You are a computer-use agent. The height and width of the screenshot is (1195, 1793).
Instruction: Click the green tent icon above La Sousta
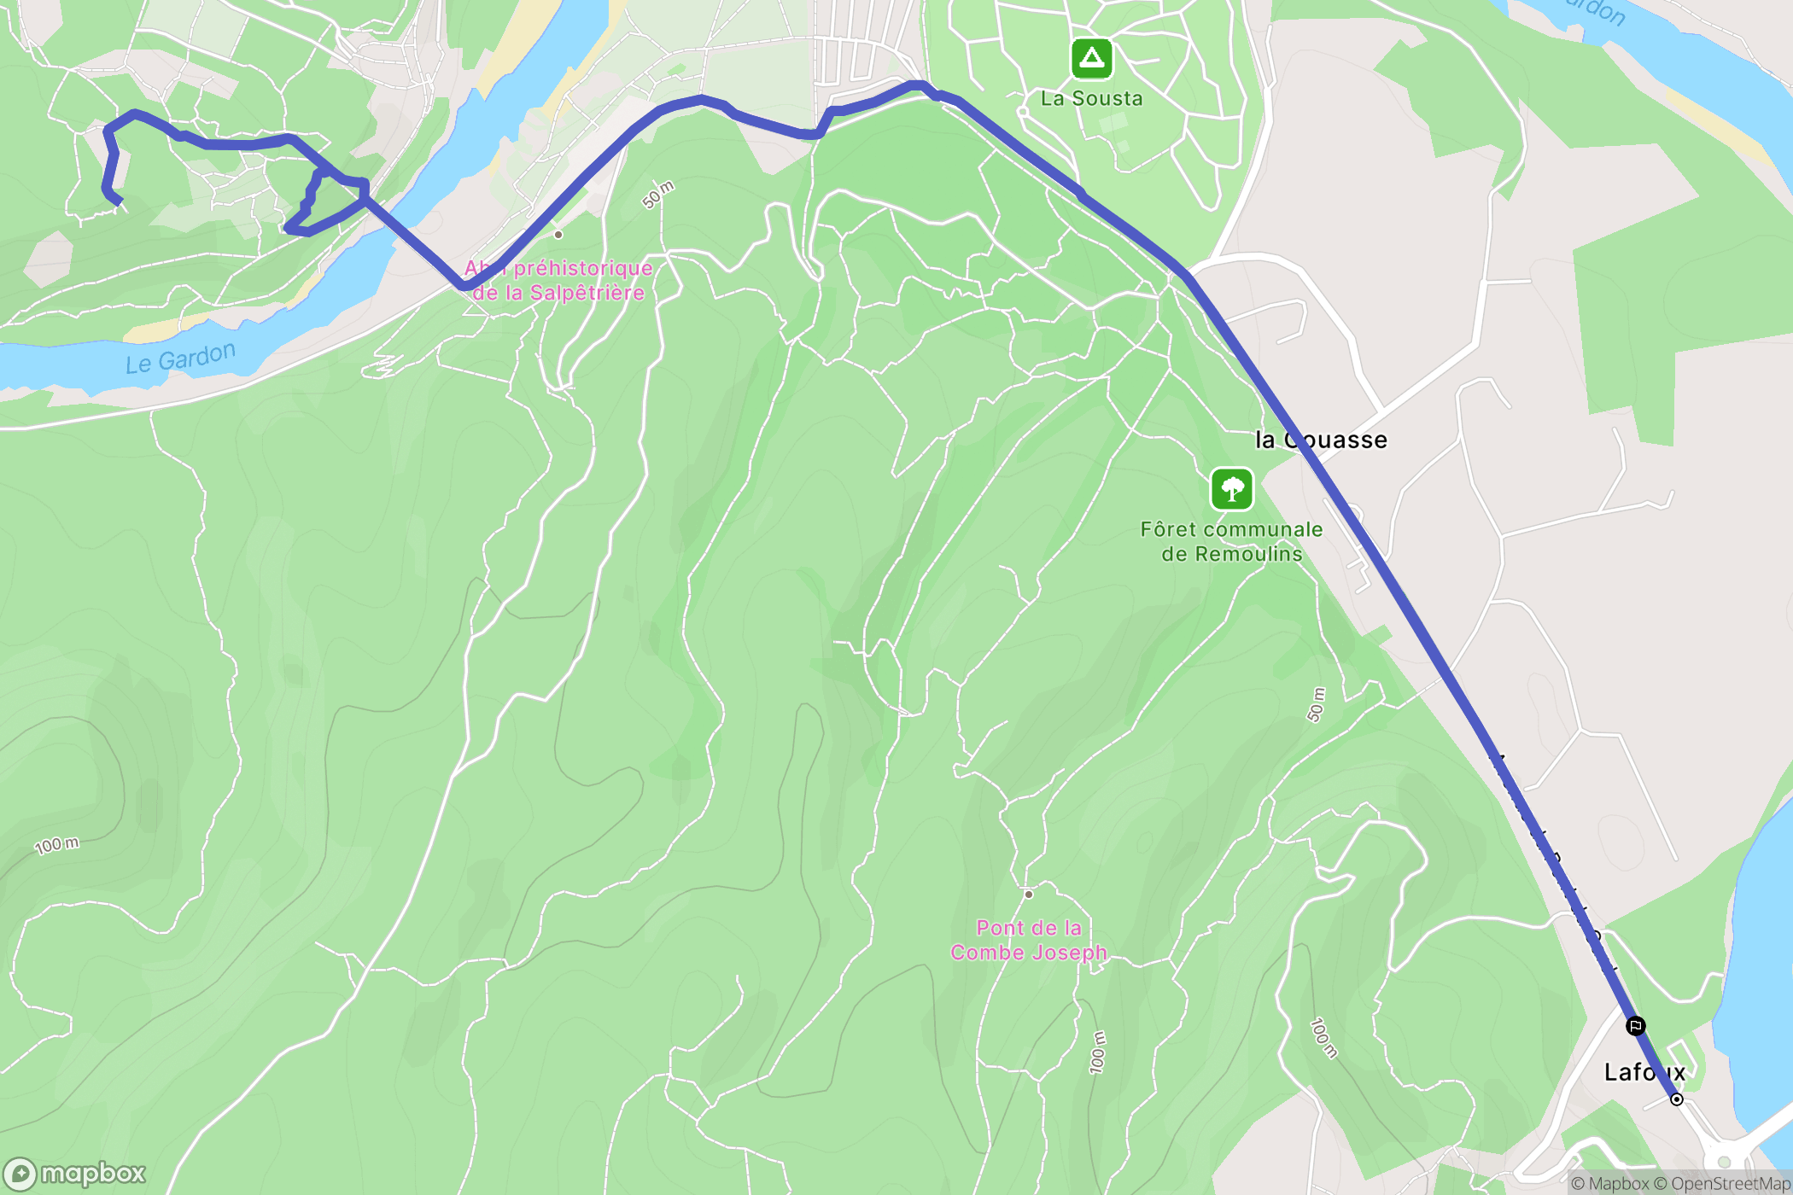point(1091,58)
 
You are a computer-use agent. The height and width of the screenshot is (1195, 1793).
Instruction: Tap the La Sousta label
point(1091,98)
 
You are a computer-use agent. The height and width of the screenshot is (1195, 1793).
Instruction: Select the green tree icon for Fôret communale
point(1231,489)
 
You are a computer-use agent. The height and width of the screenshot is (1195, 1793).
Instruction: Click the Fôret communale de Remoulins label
point(1231,541)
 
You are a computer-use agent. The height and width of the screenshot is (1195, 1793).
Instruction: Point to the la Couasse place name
point(1321,440)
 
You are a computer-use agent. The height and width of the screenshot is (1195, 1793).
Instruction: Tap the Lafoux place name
point(1644,1072)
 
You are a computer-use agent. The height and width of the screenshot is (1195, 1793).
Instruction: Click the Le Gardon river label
point(180,358)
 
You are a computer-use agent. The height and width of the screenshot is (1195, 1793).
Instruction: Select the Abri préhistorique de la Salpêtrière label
point(558,280)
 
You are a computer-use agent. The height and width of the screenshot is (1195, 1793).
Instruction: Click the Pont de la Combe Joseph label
point(1029,940)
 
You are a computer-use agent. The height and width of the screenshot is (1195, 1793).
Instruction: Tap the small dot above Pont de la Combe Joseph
point(1029,895)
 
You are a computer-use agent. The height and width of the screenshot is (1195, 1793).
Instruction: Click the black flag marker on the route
point(1635,1026)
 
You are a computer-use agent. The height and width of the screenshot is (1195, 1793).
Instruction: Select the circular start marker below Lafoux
point(1677,1099)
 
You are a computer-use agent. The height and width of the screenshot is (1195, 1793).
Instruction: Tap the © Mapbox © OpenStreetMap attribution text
point(1680,1183)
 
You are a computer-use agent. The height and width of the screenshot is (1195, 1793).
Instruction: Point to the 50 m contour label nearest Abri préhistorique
point(658,195)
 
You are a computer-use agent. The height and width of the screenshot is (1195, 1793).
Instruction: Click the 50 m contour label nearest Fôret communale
point(1316,705)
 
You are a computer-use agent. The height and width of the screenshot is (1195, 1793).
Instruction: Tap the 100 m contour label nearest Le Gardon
point(56,845)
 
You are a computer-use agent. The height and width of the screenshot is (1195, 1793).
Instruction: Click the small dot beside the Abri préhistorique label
point(558,234)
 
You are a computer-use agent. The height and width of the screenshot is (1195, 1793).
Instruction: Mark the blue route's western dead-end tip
point(120,202)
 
